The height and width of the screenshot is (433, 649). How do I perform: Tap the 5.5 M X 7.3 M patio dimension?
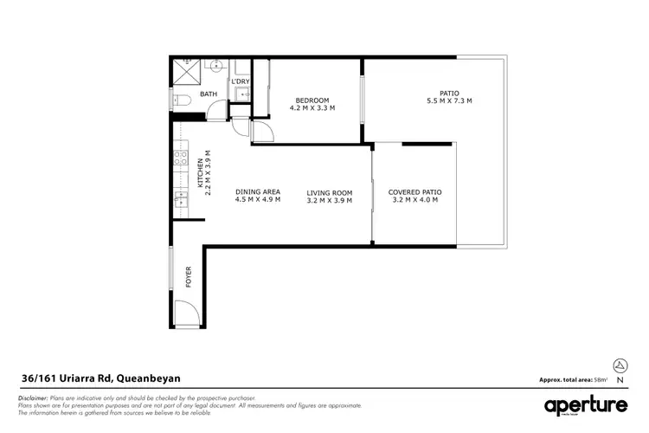448,101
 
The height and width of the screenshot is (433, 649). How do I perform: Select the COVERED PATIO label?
411,192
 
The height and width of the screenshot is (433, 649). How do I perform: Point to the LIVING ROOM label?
330,192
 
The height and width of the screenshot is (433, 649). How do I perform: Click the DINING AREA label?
257,192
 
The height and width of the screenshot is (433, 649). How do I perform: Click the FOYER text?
189,276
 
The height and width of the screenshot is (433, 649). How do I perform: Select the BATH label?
209,94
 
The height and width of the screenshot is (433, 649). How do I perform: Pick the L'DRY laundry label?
240,81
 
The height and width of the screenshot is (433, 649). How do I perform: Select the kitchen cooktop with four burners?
181,158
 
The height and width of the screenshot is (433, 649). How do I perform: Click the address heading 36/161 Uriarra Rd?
100,378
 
